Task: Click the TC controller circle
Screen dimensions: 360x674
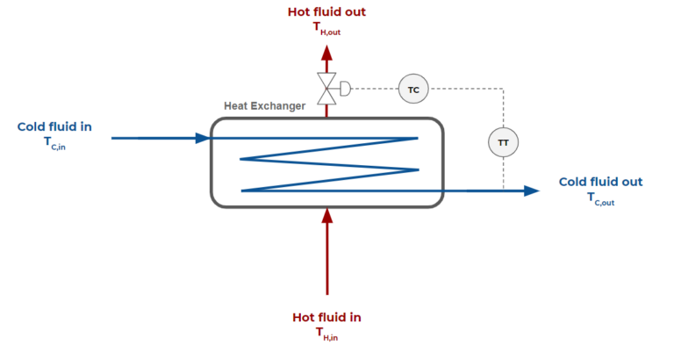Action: pos(412,89)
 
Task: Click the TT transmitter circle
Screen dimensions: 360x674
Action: pos(503,141)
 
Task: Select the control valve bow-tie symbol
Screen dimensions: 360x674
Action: pos(327,88)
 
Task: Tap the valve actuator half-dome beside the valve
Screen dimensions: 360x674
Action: pos(344,88)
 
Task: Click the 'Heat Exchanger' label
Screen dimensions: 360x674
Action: pos(265,106)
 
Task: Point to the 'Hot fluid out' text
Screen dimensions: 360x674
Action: pos(327,12)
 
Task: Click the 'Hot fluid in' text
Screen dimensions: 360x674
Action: pos(326,317)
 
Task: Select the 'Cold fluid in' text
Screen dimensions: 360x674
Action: pos(54,127)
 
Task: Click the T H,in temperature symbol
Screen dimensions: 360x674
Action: pos(326,333)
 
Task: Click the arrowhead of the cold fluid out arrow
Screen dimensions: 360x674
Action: pos(531,191)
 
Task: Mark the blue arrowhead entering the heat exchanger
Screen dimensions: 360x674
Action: pos(204,138)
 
